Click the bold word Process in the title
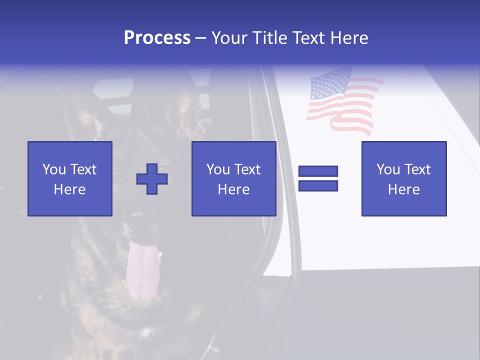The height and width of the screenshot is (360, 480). coord(157,38)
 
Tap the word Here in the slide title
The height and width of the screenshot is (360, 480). coord(349,38)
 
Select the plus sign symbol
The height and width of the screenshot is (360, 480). coord(152,179)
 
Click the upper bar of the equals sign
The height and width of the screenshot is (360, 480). coord(318,171)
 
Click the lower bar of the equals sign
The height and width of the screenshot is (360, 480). coord(318,186)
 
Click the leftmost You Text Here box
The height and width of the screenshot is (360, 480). coord(69,178)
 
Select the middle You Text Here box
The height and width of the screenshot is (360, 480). coord(233,178)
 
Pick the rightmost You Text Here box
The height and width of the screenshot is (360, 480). coord(403,178)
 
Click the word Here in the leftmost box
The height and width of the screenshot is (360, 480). coord(69,189)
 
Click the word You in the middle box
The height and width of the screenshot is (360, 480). coord(218,169)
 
